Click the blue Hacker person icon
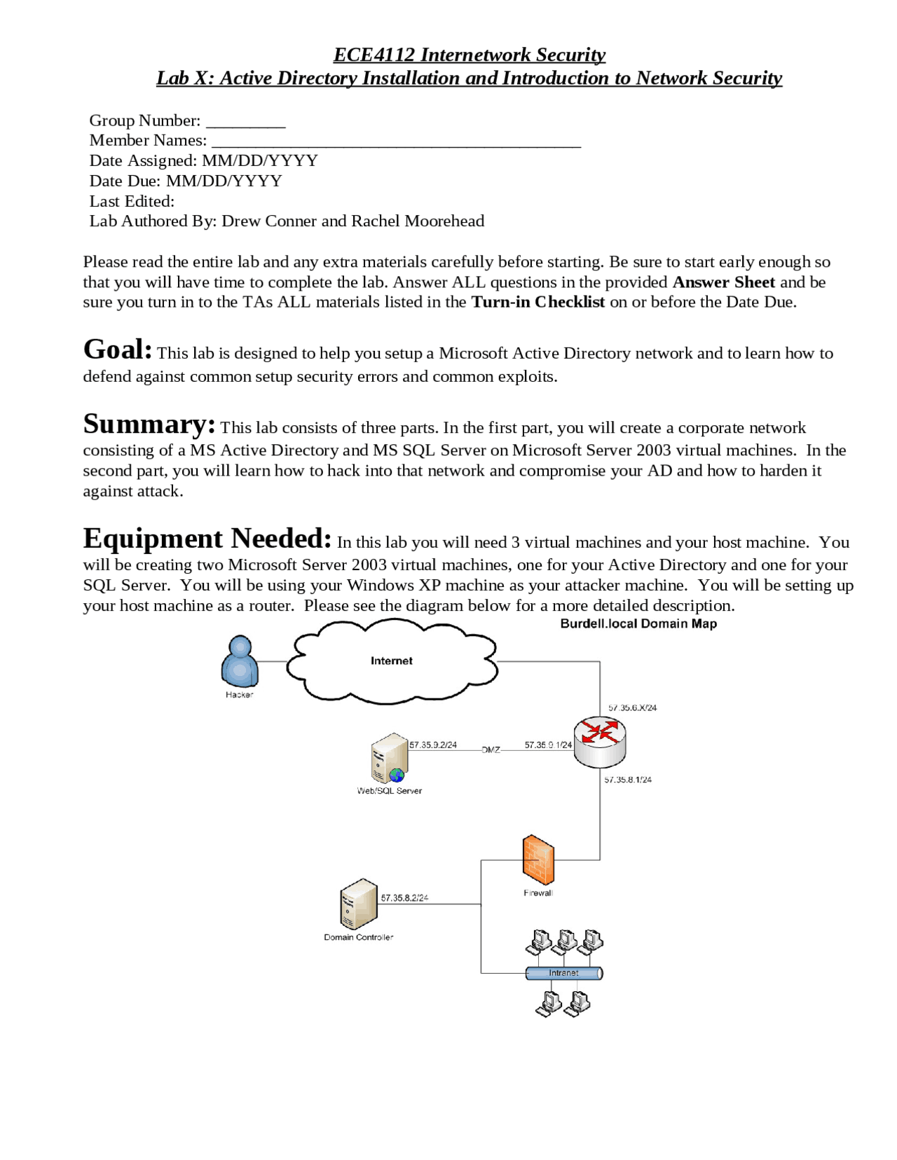point(240,661)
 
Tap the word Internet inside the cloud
point(391,661)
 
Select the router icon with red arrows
point(600,742)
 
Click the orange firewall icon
point(538,859)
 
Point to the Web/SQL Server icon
point(390,759)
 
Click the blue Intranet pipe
point(563,973)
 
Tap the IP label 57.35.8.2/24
point(404,898)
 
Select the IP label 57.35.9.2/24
point(433,745)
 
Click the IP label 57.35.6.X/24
point(632,707)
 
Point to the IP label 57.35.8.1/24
point(628,780)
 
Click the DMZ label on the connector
point(491,750)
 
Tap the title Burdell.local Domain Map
point(638,623)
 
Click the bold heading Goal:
point(117,350)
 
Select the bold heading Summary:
point(149,424)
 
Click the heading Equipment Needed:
point(207,539)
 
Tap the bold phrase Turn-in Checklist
point(537,302)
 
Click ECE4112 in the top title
point(374,55)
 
